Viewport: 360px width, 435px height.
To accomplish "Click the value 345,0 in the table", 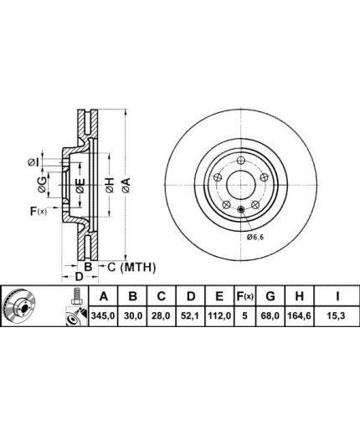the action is (x=103, y=316).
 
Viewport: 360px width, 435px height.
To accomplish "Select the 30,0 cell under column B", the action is (x=132, y=316).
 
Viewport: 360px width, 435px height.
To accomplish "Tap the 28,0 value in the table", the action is (x=161, y=316).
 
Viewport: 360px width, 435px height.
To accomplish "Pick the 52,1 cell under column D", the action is (x=190, y=316).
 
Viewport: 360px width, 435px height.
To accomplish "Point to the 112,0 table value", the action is (x=219, y=316).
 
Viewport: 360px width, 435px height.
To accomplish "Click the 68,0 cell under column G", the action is (x=270, y=316).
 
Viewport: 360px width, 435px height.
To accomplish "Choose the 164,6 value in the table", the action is (x=299, y=316).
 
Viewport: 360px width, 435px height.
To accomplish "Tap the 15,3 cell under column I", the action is (x=337, y=316).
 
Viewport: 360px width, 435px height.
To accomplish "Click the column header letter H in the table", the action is (x=299, y=296).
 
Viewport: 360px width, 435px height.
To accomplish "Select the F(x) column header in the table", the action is (x=244, y=296).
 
